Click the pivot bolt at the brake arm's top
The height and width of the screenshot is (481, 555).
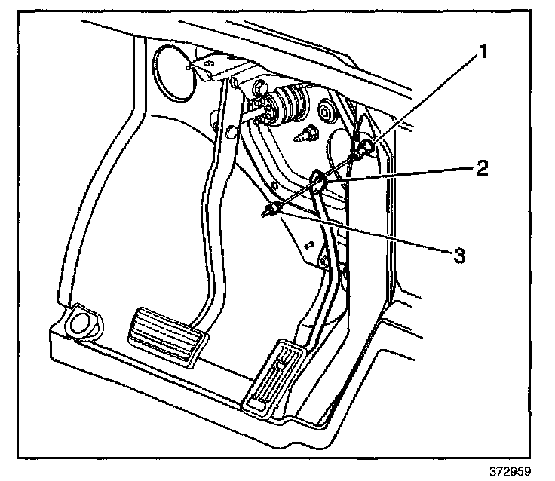[x=237, y=81]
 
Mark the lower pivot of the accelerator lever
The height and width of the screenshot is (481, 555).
[x=323, y=260]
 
